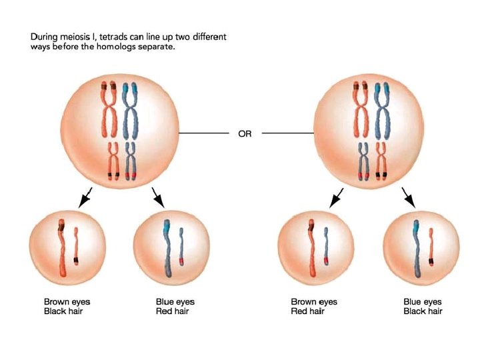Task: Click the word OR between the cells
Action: [245, 133]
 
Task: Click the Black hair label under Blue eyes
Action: [423, 311]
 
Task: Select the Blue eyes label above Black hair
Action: [423, 302]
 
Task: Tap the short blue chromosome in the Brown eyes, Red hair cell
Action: [326, 246]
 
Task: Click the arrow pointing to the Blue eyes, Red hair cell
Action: [159, 197]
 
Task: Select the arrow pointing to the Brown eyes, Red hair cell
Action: [337, 197]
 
